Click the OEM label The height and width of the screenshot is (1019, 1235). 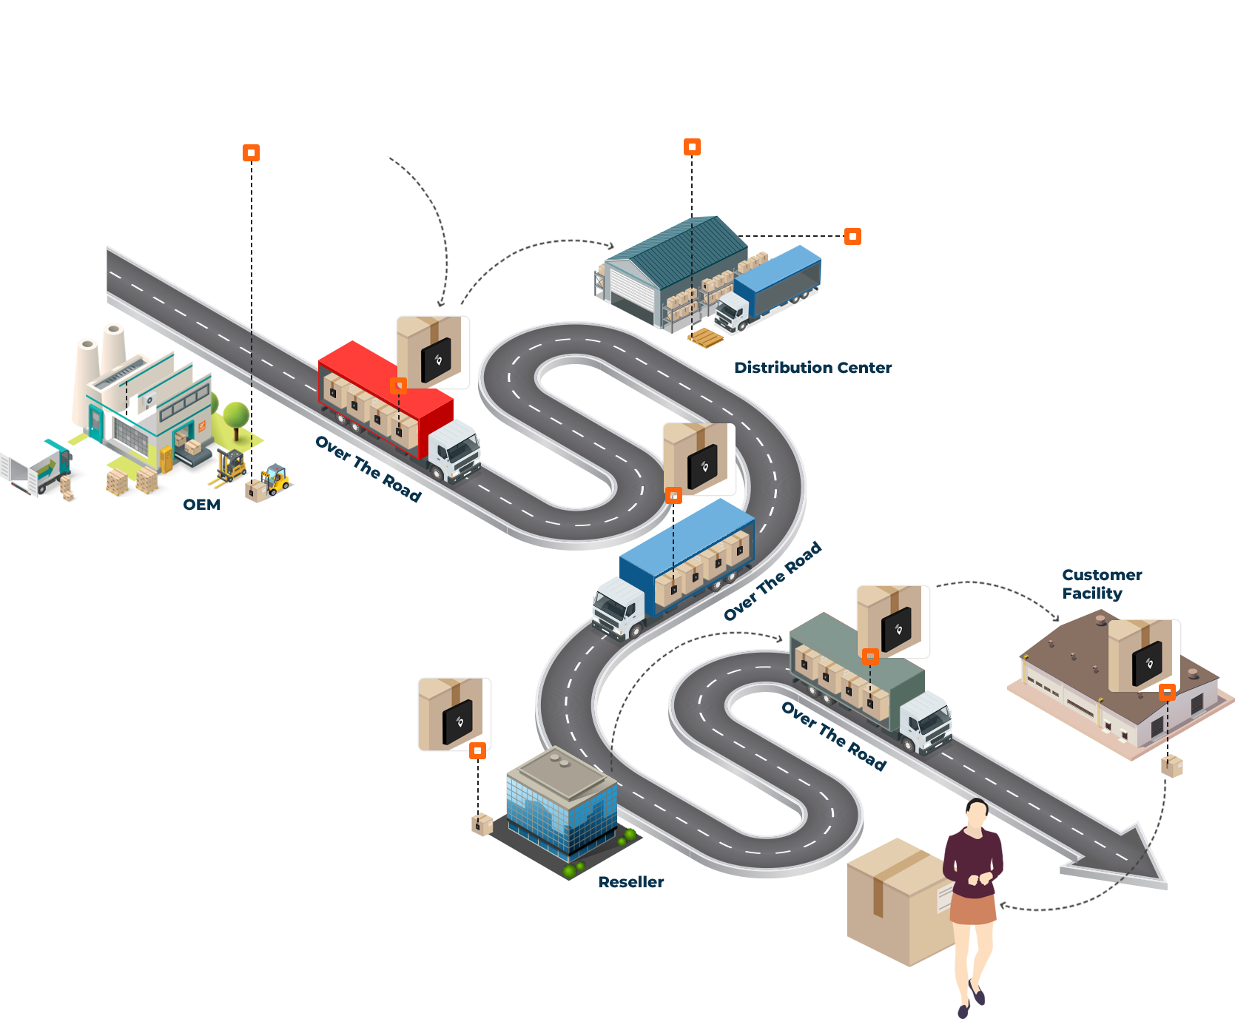tap(201, 505)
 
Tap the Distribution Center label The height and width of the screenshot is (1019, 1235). tap(812, 367)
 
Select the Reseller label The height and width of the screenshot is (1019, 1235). tap(630, 881)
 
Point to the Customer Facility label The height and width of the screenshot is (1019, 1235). tap(1101, 584)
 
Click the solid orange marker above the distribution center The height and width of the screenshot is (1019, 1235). tap(692, 147)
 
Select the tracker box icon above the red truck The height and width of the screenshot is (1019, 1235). tap(433, 352)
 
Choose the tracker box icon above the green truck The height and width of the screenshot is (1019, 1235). tap(893, 622)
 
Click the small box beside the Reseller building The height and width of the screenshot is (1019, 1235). tap(482, 824)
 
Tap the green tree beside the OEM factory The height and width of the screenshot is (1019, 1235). tap(235, 407)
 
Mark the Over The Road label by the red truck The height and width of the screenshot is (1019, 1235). tap(368, 468)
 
